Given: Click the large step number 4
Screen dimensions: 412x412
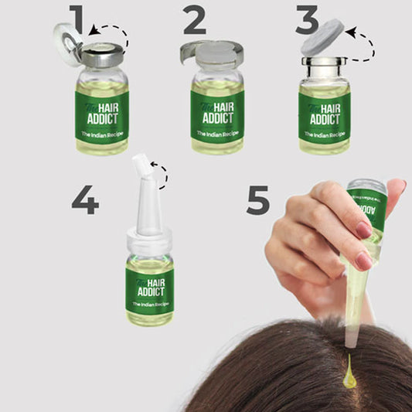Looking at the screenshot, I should pyautogui.click(x=85, y=199).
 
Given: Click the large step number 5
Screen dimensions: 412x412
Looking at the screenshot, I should pyautogui.click(x=258, y=199).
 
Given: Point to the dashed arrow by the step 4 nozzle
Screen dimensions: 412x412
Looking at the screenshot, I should pyautogui.click(x=161, y=174).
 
